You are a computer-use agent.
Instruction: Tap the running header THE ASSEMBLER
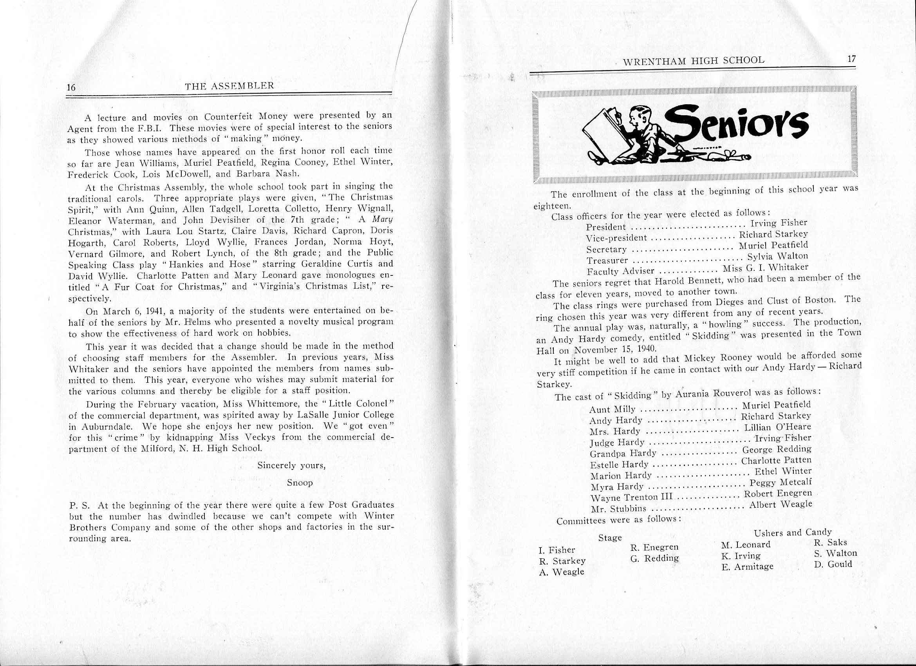[x=229, y=85]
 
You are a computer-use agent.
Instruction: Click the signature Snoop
[x=300, y=483]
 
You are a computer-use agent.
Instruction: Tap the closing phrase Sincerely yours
[x=291, y=465]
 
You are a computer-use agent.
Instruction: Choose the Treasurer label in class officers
[x=607, y=260]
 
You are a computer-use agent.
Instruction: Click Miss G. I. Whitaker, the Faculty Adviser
[x=765, y=268]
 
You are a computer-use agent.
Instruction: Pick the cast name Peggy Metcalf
[x=780, y=482]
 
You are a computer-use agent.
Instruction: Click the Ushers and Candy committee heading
[x=792, y=532]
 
